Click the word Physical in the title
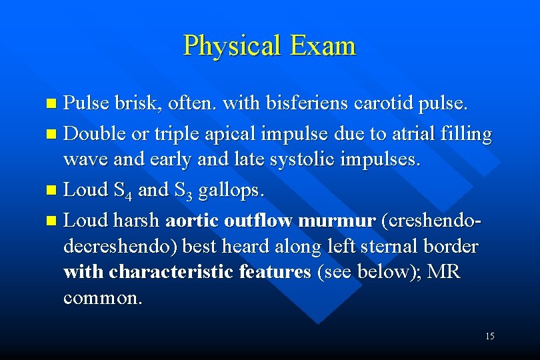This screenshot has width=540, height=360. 232,45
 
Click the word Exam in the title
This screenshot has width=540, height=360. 323,45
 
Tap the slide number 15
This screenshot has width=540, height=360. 490,336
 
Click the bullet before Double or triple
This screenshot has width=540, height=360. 53,133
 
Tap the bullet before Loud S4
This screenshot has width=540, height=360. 53,191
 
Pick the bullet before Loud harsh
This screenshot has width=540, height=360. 53,219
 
